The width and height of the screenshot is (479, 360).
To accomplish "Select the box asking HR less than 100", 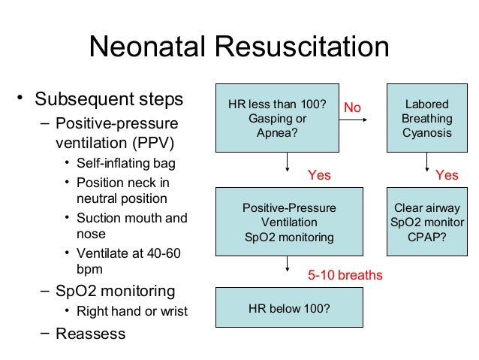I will [x=277, y=118].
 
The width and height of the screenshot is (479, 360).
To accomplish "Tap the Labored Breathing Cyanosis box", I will [x=426, y=118].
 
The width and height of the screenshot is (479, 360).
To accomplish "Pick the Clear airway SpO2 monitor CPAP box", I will [x=426, y=222].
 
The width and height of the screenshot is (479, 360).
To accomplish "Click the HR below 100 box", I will [x=288, y=307].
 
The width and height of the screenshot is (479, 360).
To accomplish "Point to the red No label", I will [x=352, y=109].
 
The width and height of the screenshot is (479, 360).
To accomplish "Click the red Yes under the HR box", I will [x=320, y=174].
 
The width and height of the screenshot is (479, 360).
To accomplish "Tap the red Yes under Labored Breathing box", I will [x=447, y=174].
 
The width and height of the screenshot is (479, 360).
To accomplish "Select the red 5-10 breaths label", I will [x=345, y=275].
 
